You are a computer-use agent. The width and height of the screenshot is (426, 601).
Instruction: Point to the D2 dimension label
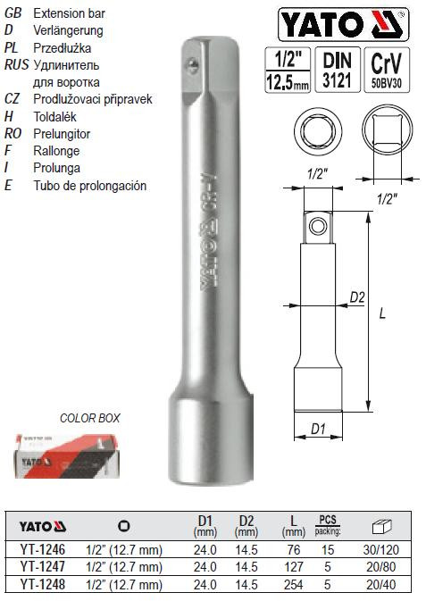click(x=355, y=296)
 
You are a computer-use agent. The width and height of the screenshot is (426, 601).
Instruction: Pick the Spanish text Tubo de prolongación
click(x=88, y=186)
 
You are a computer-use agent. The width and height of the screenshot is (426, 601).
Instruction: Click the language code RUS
click(x=15, y=66)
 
